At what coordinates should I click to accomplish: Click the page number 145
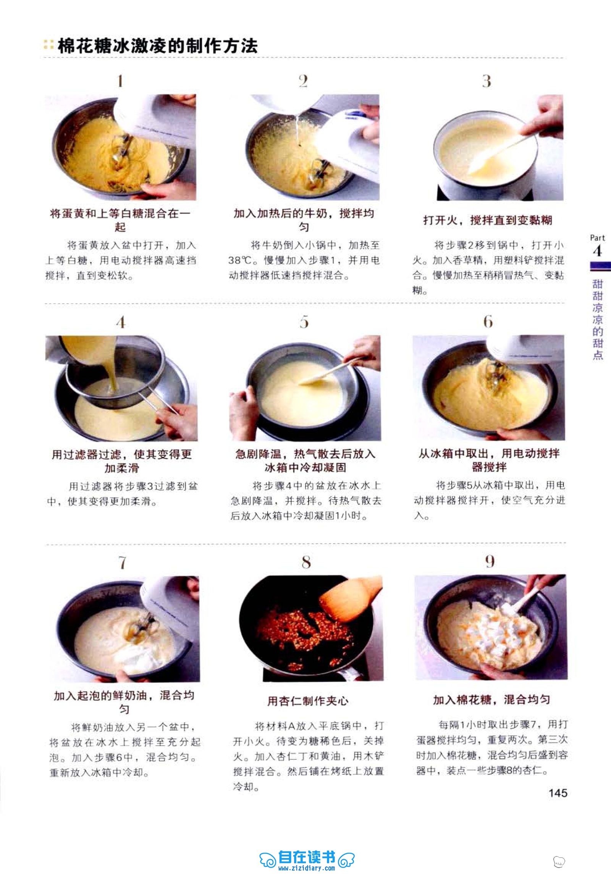point(558,793)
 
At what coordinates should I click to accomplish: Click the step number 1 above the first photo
point(120,81)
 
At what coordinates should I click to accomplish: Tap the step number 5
point(304,322)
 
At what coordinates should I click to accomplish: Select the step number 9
point(490,562)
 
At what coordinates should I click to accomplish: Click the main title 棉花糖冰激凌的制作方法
point(157,46)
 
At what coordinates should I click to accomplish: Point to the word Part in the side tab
point(597,238)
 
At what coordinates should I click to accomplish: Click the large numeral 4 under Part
point(597,251)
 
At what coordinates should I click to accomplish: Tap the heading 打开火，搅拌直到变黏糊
point(487,220)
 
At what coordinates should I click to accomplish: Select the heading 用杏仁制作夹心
point(308,701)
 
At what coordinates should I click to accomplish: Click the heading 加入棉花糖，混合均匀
point(491,700)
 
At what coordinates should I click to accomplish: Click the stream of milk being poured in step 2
point(297,126)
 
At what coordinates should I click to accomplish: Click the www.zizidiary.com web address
point(307,868)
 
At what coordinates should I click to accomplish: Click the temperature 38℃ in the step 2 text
point(241,260)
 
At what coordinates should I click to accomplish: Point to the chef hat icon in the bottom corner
point(559,861)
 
